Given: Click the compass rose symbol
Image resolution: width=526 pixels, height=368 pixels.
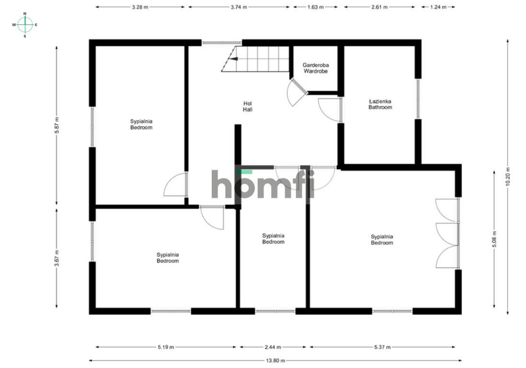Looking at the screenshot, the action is [x=25, y=25].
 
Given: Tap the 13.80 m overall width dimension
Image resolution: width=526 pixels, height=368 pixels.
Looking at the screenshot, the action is [x=275, y=361].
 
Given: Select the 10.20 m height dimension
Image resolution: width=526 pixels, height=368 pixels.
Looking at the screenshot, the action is [x=507, y=177].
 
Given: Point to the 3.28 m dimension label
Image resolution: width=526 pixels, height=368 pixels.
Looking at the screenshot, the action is [x=140, y=7].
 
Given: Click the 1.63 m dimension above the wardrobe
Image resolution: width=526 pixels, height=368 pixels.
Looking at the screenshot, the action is [x=315, y=7].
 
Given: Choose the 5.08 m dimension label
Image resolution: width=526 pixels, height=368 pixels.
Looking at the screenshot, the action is [x=494, y=239].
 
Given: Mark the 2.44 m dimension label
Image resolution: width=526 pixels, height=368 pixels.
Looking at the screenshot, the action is [x=273, y=347].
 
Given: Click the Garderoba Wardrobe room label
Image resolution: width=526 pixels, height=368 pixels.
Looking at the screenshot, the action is [x=316, y=68].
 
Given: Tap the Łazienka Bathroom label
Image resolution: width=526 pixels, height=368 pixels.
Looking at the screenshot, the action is [x=380, y=104].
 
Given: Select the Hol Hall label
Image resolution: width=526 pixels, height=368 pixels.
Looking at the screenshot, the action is [x=248, y=107].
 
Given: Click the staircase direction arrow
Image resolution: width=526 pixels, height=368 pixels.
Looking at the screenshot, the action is [x=234, y=59].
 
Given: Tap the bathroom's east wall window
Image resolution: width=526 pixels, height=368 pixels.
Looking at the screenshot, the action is [x=418, y=99].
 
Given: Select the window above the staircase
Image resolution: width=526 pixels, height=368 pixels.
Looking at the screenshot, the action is [x=221, y=43].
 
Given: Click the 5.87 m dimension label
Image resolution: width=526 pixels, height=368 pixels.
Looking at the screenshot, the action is [x=57, y=125].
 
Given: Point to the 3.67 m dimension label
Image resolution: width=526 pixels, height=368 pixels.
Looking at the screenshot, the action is [x=57, y=258].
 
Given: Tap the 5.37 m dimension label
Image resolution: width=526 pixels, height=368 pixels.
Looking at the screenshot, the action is [x=382, y=347].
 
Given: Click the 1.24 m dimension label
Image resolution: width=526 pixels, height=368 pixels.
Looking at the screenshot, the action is [x=438, y=7].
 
